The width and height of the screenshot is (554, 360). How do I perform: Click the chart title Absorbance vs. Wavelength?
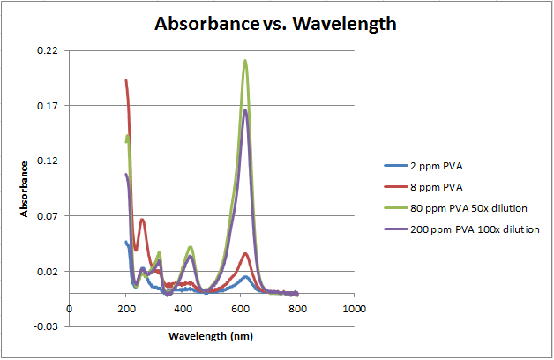point(276,24)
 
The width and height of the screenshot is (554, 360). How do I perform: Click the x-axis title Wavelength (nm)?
point(212,335)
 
